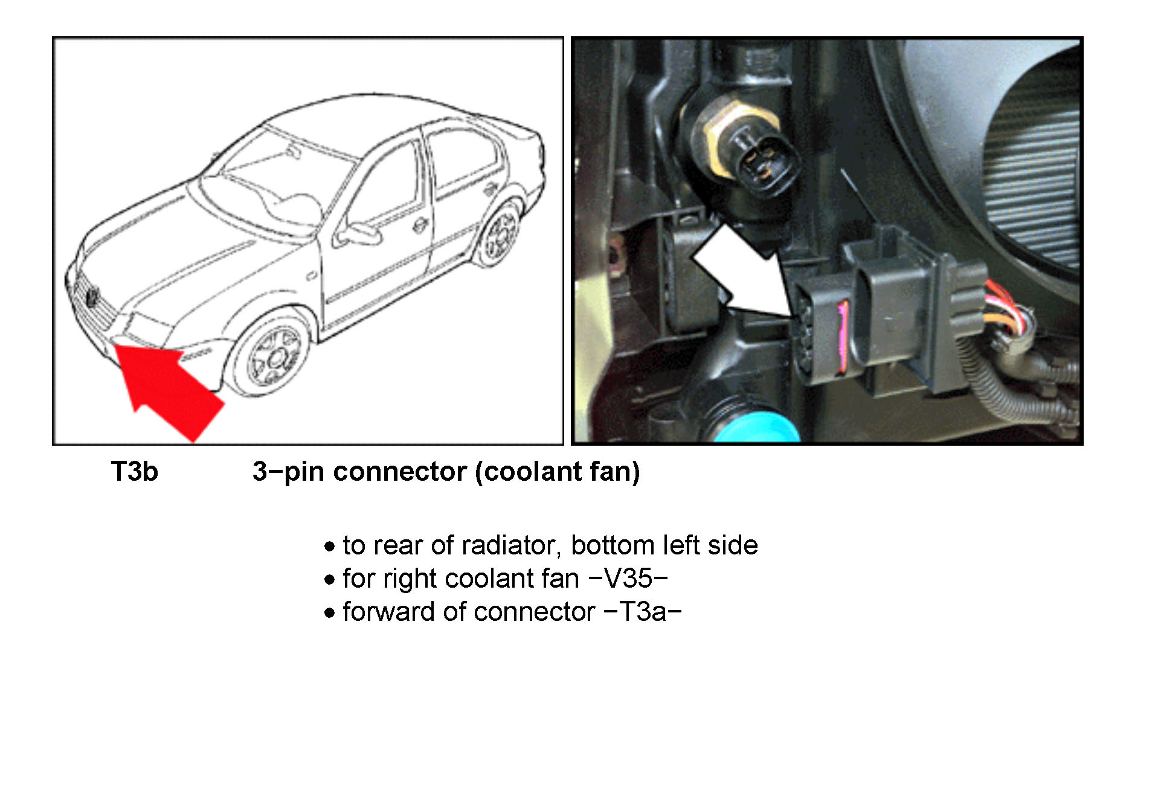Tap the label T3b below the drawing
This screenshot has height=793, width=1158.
[x=134, y=472]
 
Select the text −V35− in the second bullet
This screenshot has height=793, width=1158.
[x=628, y=579]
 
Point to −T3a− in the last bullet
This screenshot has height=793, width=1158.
[x=643, y=612]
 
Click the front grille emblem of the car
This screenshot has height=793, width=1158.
[x=92, y=298]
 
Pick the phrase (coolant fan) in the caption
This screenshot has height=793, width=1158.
[x=558, y=472]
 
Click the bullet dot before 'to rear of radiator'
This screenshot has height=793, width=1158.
[x=329, y=547]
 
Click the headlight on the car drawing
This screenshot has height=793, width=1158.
[x=148, y=328]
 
